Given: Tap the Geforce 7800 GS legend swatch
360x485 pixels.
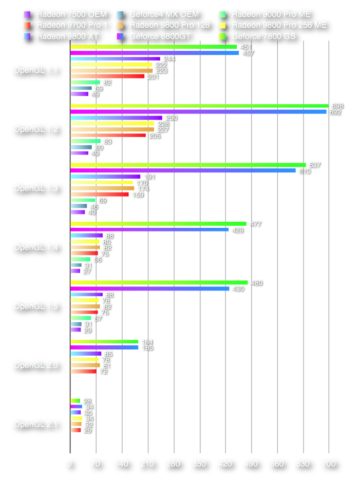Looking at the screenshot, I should click(x=222, y=36).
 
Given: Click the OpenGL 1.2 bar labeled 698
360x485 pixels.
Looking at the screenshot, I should click(x=199, y=106).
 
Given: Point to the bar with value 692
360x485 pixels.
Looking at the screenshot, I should click(x=198, y=111).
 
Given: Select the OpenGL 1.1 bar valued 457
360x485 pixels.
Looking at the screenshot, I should click(x=155, y=53).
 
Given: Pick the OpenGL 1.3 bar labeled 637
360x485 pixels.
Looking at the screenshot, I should click(x=188, y=165).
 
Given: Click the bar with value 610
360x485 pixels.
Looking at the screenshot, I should click(x=183, y=171).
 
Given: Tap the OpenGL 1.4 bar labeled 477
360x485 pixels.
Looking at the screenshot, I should click(x=158, y=224).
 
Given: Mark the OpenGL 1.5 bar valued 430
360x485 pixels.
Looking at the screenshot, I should click(x=150, y=289).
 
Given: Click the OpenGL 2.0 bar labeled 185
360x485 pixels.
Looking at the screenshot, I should click(x=104, y=347).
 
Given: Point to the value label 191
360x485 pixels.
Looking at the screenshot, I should click(x=149, y=177).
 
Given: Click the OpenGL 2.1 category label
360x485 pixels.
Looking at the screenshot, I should click(x=35, y=424).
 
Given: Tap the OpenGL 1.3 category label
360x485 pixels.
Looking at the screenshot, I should click(x=35, y=188).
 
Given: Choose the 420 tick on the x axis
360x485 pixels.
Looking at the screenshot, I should click(x=225, y=464).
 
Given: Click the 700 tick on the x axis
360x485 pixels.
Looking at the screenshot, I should click(x=328, y=464).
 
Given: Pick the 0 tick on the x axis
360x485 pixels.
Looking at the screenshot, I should click(x=70, y=464).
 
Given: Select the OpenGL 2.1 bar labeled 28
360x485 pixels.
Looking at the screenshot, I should click(x=75, y=401).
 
